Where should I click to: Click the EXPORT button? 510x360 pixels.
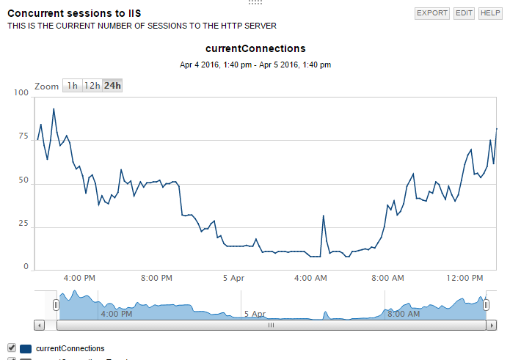click(431, 13)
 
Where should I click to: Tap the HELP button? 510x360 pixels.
click(489, 13)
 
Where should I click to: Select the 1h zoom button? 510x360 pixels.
click(72, 86)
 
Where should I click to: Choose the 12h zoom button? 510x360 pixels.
click(92, 86)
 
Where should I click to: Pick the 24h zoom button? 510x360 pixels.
click(112, 86)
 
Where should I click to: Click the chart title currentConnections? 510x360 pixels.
click(255, 48)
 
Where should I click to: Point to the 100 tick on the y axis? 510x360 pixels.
click(21, 93)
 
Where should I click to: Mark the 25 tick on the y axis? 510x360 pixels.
click(23, 224)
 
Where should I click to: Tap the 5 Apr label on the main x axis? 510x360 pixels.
click(233, 278)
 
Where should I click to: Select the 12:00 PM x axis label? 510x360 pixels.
click(465, 278)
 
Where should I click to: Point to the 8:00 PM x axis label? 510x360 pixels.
click(156, 278)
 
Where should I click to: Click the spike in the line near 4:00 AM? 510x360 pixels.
click(324, 216)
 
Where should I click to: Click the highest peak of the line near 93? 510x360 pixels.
click(54, 109)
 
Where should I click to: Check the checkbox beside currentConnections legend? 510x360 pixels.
click(11, 348)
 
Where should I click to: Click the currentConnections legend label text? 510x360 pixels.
click(70, 348)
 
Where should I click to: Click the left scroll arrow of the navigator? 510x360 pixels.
click(40, 324)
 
